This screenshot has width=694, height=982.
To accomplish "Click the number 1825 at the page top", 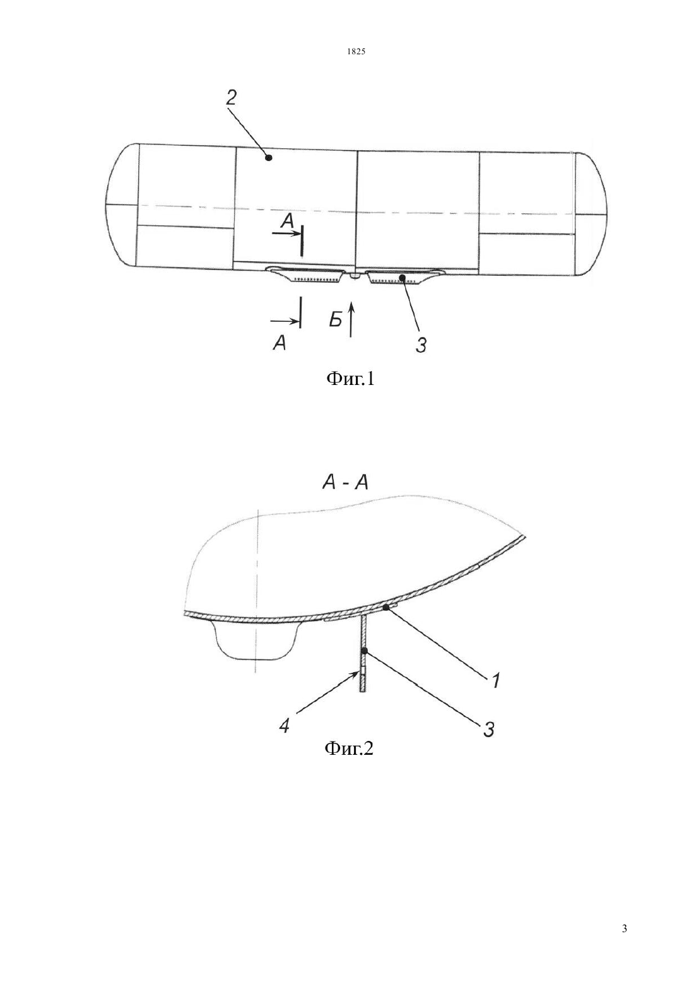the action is [x=356, y=52].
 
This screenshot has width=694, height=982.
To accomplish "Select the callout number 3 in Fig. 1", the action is [x=420, y=344].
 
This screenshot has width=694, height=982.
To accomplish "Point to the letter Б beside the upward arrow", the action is [x=336, y=321].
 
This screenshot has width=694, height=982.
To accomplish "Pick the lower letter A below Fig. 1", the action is [x=279, y=343].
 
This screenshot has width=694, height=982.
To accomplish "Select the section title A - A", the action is [x=345, y=483].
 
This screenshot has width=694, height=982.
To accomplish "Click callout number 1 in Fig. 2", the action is [x=494, y=681].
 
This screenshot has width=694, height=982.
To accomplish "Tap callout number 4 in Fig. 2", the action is [x=285, y=727].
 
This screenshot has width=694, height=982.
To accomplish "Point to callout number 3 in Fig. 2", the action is [x=489, y=730].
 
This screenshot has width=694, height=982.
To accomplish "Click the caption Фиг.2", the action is [x=349, y=748].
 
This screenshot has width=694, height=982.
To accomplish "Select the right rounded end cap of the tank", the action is [x=591, y=215].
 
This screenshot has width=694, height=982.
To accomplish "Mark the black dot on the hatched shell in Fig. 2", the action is [x=386, y=607].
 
